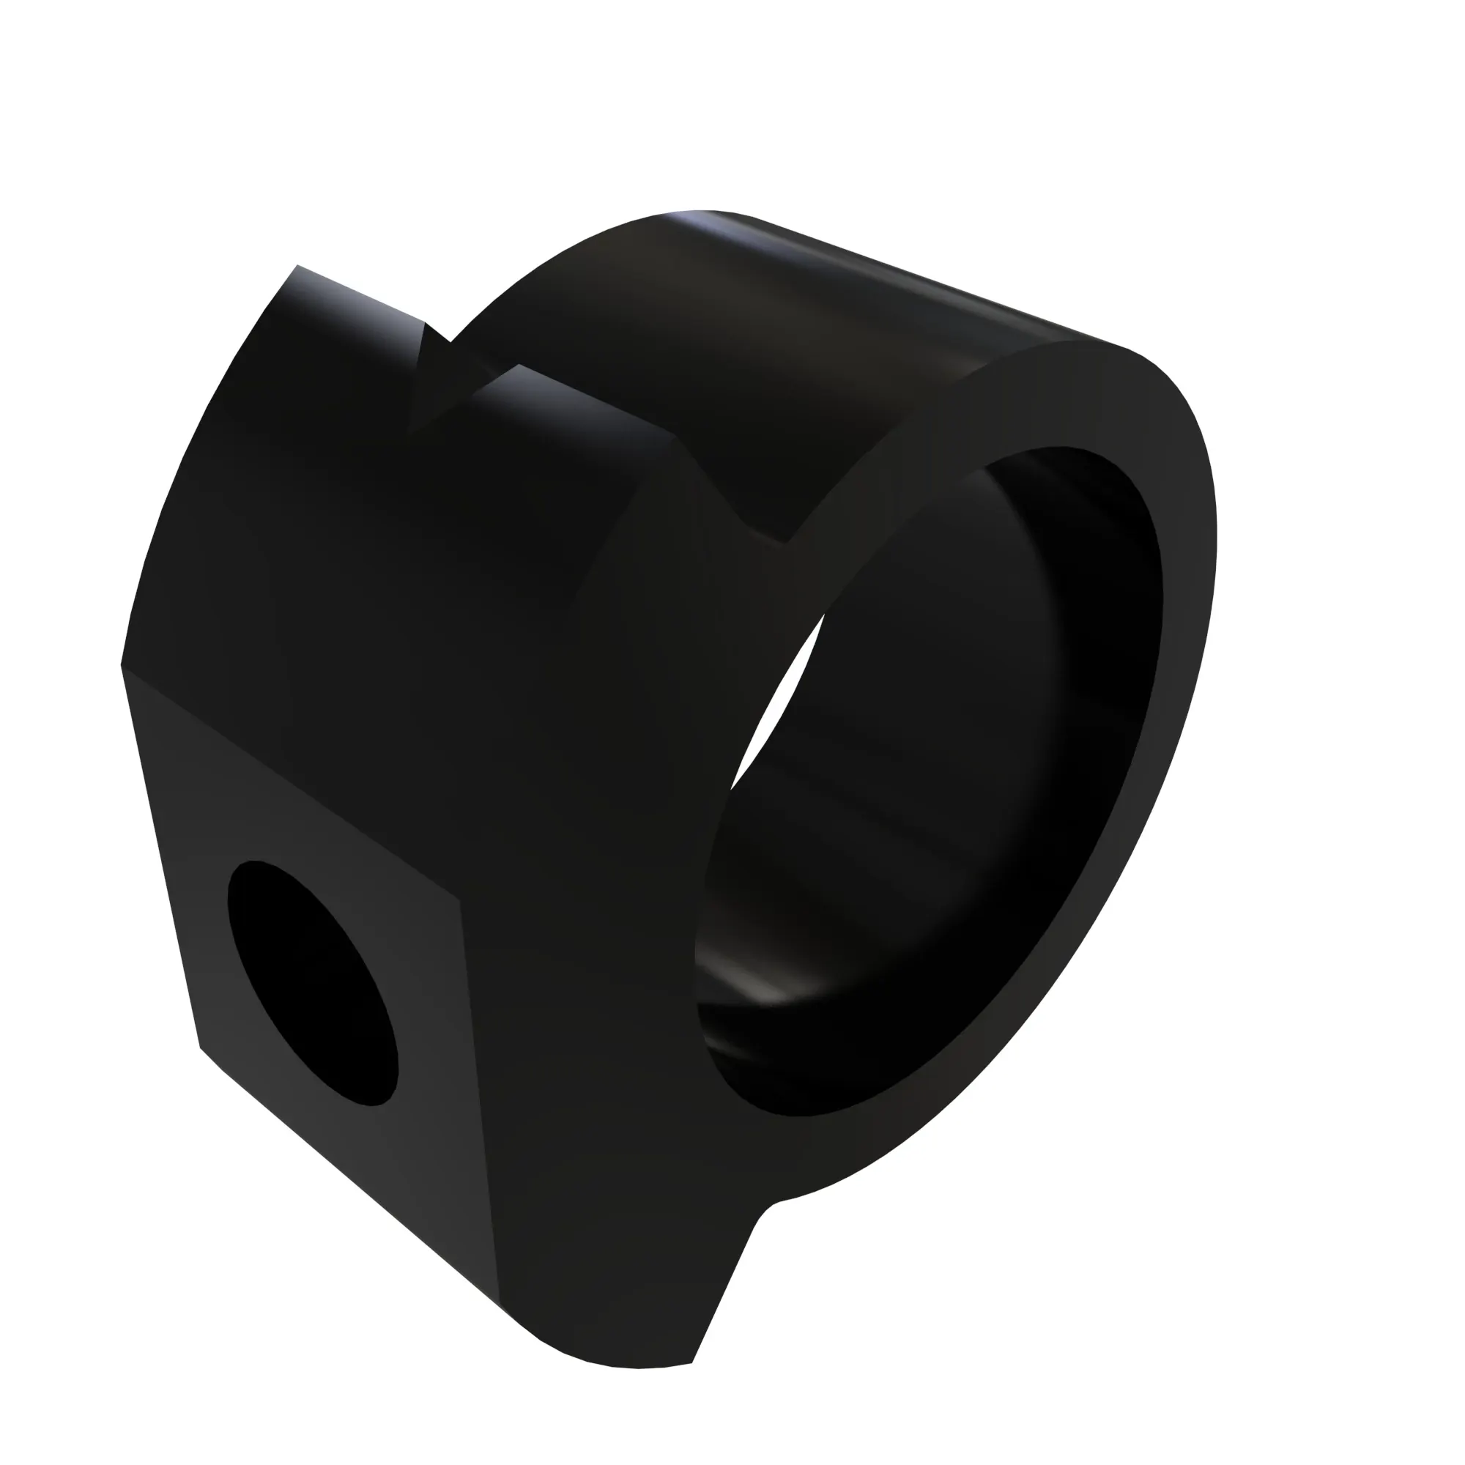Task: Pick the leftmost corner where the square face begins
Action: point(122,666)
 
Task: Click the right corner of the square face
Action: point(459,902)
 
